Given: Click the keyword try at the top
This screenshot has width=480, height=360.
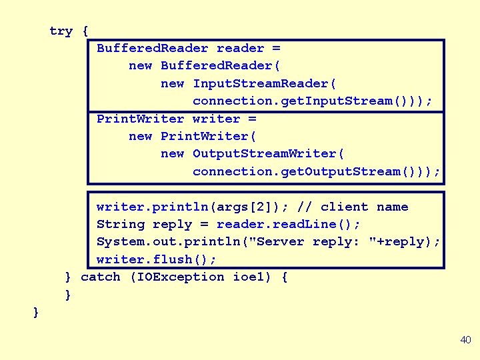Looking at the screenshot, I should (61, 31).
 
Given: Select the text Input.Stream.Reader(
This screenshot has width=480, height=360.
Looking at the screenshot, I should (265, 83).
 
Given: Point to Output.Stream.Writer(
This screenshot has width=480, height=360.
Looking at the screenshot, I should (269, 154).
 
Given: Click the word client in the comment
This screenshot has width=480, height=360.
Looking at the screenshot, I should (344, 207).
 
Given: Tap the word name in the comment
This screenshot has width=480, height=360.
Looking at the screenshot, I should (392, 207).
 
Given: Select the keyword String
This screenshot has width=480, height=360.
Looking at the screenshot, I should (120, 224).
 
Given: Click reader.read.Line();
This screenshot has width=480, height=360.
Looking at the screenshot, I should (288, 224).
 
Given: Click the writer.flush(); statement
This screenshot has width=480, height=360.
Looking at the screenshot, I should (157, 259).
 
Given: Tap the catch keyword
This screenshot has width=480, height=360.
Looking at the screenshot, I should (100, 277).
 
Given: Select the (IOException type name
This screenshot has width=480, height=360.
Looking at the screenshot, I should (177, 277).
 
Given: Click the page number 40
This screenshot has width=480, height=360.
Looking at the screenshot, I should (465, 340).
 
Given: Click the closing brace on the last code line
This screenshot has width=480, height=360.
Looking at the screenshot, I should (36, 312).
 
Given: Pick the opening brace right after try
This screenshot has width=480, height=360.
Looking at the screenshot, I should (85, 31).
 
